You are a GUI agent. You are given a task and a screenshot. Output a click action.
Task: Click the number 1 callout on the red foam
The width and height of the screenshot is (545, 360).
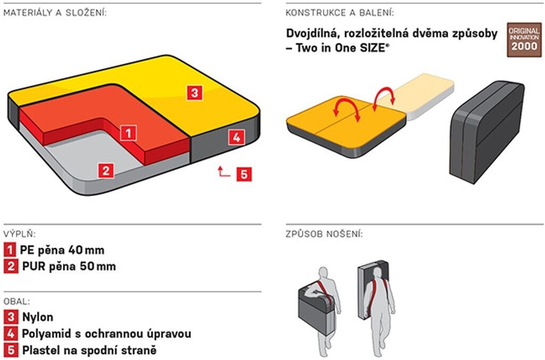[128, 132]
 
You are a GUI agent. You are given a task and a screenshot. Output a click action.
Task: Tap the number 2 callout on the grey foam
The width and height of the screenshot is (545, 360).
[106, 170]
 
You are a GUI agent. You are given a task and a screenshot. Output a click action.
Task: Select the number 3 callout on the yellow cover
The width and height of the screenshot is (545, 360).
[195, 93]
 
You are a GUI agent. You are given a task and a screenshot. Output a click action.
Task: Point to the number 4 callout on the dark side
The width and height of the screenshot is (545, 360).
[237, 137]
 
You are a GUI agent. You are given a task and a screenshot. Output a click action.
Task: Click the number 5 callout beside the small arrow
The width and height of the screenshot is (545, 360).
[244, 174]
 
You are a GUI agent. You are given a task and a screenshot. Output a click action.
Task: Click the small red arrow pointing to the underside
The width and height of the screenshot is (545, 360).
[223, 171]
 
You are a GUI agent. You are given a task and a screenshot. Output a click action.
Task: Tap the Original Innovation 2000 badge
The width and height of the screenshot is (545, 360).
[524, 40]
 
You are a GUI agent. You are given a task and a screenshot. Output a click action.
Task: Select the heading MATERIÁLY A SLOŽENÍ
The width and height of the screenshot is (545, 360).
[55, 13]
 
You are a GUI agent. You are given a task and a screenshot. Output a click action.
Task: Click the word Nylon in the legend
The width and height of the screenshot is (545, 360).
[37, 317]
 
